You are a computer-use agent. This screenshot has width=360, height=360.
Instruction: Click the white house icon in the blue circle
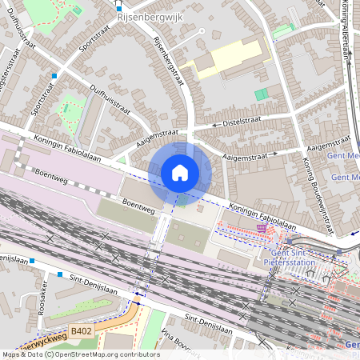(x=180, y=172)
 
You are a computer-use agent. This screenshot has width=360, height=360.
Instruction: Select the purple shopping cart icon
(x=262, y=228)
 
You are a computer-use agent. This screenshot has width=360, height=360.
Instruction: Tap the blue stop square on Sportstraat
(x=54, y=76)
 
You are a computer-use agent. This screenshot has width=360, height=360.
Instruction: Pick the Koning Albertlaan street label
(x=346, y=28)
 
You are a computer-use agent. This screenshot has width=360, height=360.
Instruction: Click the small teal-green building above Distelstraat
(x=261, y=94)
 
